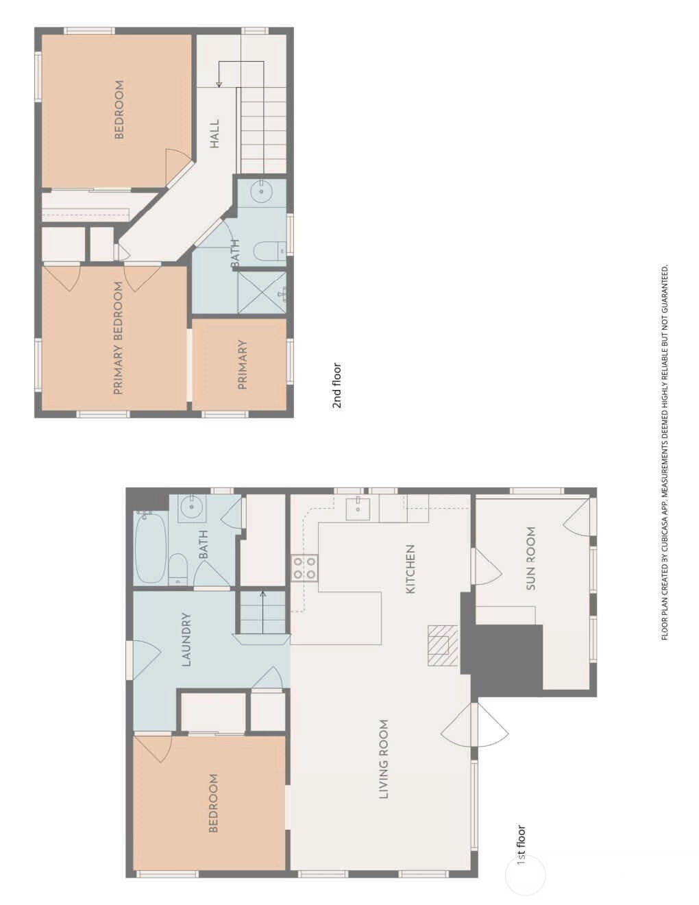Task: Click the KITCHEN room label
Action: pyautogui.click(x=410, y=569)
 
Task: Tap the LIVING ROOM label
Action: pyautogui.click(x=384, y=759)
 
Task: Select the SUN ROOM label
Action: pyautogui.click(x=530, y=559)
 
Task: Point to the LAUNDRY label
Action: pyautogui.click(x=186, y=640)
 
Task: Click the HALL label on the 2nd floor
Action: pyautogui.click(x=214, y=134)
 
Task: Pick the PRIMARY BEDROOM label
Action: pyautogui.click(x=119, y=338)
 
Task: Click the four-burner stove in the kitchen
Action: pyautogui.click(x=304, y=568)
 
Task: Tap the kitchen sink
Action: pyautogui.click(x=358, y=509)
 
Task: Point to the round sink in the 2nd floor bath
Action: pyautogui.click(x=262, y=191)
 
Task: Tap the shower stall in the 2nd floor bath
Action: pyautogui.click(x=262, y=292)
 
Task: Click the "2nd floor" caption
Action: pyautogui.click(x=336, y=385)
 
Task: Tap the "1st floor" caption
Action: pyautogui.click(x=521, y=845)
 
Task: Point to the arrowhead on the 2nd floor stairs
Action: pyautogui.click(x=219, y=85)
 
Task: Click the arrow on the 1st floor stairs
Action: pyautogui.click(x=263, y=612)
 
